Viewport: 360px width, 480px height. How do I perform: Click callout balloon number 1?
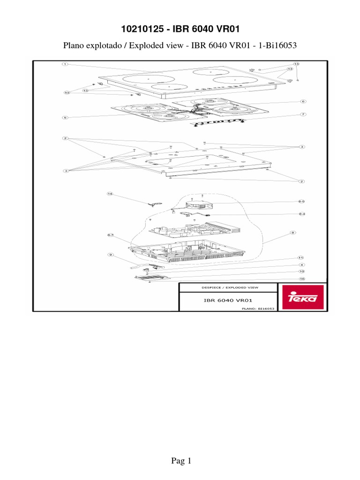65,64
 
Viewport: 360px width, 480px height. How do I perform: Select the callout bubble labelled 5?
65,118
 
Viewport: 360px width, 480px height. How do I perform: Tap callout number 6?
303,101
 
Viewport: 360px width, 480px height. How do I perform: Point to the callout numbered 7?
303,114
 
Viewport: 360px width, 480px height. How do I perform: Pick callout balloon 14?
110,193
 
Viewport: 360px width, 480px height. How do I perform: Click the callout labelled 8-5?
302,202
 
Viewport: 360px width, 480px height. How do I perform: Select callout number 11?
302,258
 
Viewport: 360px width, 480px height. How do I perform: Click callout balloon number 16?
302,279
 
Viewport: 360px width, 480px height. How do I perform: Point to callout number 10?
302,271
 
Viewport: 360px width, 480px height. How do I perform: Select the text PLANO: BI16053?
257,309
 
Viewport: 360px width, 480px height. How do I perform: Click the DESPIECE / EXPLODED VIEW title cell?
228,286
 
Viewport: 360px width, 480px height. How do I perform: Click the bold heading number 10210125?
142,29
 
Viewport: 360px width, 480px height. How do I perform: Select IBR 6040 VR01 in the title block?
228,299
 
